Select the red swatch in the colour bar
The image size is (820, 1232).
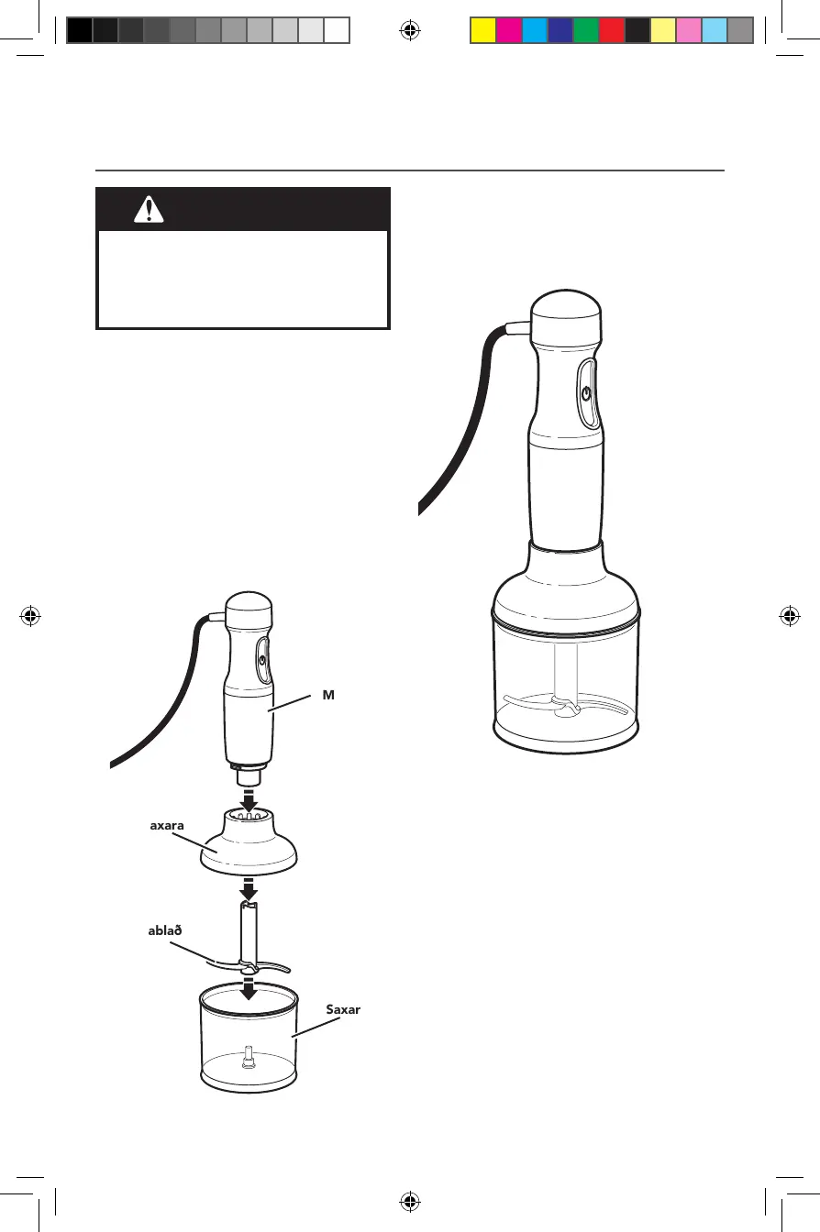click(x=611, y=32)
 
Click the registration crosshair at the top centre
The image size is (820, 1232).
click(x=410, y=32)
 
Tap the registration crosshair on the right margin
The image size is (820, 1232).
click(x=788, y=616)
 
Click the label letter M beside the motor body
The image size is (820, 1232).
click(x=327, y=696)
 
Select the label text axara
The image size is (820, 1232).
click(x=167, y=824)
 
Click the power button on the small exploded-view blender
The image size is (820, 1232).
click(x=262, y=659)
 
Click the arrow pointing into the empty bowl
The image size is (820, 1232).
click(x=247, y=987)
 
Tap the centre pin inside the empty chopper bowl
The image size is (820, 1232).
click(x=247, y=1059)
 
